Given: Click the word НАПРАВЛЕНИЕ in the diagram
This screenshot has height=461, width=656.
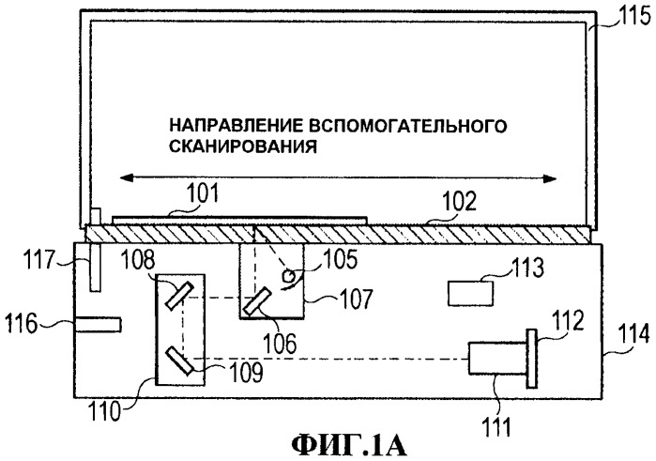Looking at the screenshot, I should click(x=221, y=125).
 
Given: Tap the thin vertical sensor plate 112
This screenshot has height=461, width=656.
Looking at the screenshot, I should click(x=532, y=358).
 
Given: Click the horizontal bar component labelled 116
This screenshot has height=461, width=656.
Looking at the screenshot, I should click(x=99, y=324).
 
